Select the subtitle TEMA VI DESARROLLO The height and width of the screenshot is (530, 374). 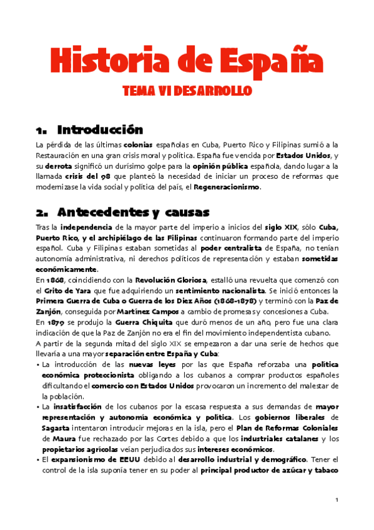(x=187, y=91)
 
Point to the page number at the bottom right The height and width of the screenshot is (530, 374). (x=336, y=500)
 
